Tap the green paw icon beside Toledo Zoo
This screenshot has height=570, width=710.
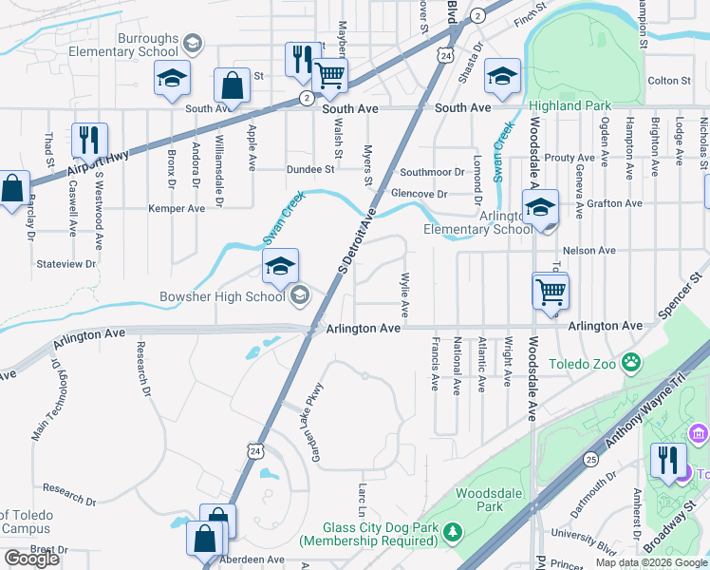(629, 361)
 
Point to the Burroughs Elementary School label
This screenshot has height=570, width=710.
(147, 46)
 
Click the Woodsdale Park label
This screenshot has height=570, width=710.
(490, 500)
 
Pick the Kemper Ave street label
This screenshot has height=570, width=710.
(176, 208)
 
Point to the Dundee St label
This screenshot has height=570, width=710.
(311, 170)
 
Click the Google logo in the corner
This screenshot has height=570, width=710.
(31, 559)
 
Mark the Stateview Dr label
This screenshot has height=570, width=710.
(65, 266)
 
